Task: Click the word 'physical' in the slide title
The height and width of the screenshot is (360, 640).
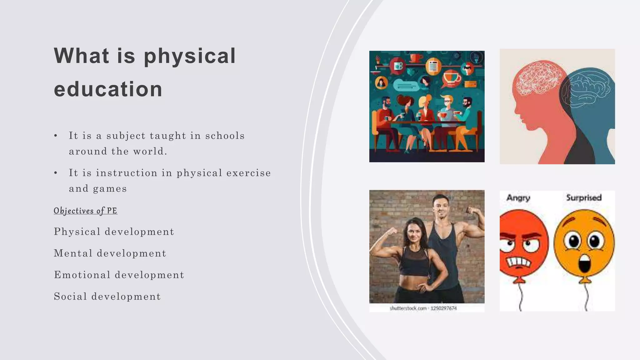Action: (189, 57)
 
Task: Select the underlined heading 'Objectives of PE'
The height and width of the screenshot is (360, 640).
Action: (85, 211)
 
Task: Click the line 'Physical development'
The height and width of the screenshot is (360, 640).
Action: (114, 232)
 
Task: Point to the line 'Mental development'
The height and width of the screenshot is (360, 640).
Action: (110, 253)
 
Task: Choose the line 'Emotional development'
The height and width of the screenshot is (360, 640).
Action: (119, 275)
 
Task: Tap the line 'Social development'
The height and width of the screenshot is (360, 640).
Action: (107, 297)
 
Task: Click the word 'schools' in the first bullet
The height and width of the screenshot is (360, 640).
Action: (225, 136)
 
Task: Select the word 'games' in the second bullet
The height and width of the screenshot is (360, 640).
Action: (110, 189)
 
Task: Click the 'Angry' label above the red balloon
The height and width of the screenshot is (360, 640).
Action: (518, 198)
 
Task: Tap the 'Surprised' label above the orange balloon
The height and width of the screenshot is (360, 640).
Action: (584, 198)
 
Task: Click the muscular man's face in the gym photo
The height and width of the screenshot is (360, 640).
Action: (442, 208)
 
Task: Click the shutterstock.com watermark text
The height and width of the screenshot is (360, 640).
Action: (408, 308)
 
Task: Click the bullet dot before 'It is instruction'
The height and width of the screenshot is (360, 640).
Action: (56, 173)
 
